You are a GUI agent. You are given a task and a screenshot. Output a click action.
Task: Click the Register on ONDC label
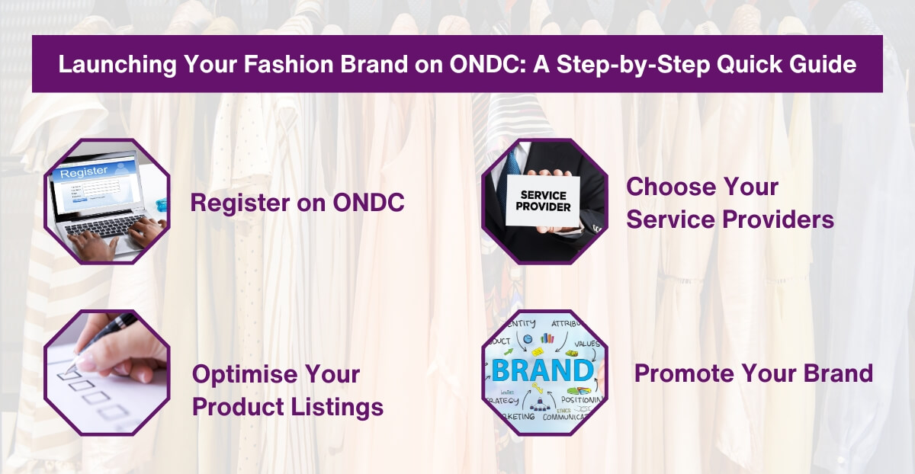click(x=297, y=203)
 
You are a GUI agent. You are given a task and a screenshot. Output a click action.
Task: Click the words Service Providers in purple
click(x=730, y=220)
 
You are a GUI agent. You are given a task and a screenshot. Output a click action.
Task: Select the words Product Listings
click(x=287, y=408)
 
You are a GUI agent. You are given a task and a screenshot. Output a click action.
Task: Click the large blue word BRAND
click(x=542, y=370)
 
